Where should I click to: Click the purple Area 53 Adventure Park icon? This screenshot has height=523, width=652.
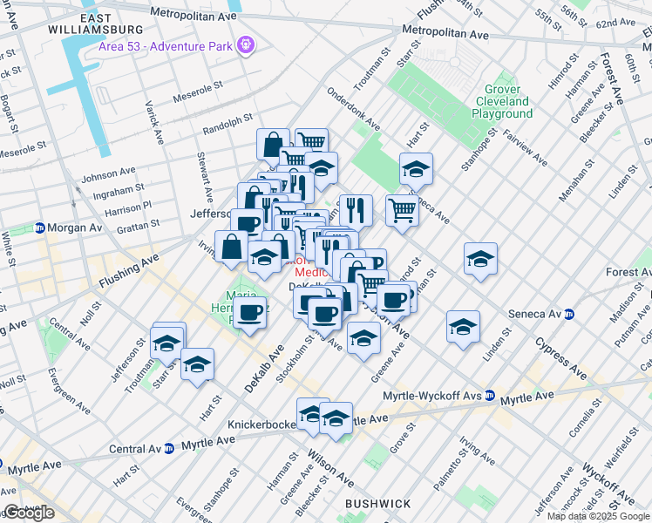click(247, 42)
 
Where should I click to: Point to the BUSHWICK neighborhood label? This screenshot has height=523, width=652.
click(377, 504)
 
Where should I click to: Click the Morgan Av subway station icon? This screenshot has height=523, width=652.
click(40, 228)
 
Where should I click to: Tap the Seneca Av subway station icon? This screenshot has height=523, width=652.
click(569, 314)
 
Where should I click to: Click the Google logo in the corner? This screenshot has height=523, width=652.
click(29, 513)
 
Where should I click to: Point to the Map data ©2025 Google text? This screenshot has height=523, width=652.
click(596, 516)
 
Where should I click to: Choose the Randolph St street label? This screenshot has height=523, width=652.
click(227, 119)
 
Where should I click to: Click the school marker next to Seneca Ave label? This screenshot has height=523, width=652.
click(416, 169)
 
